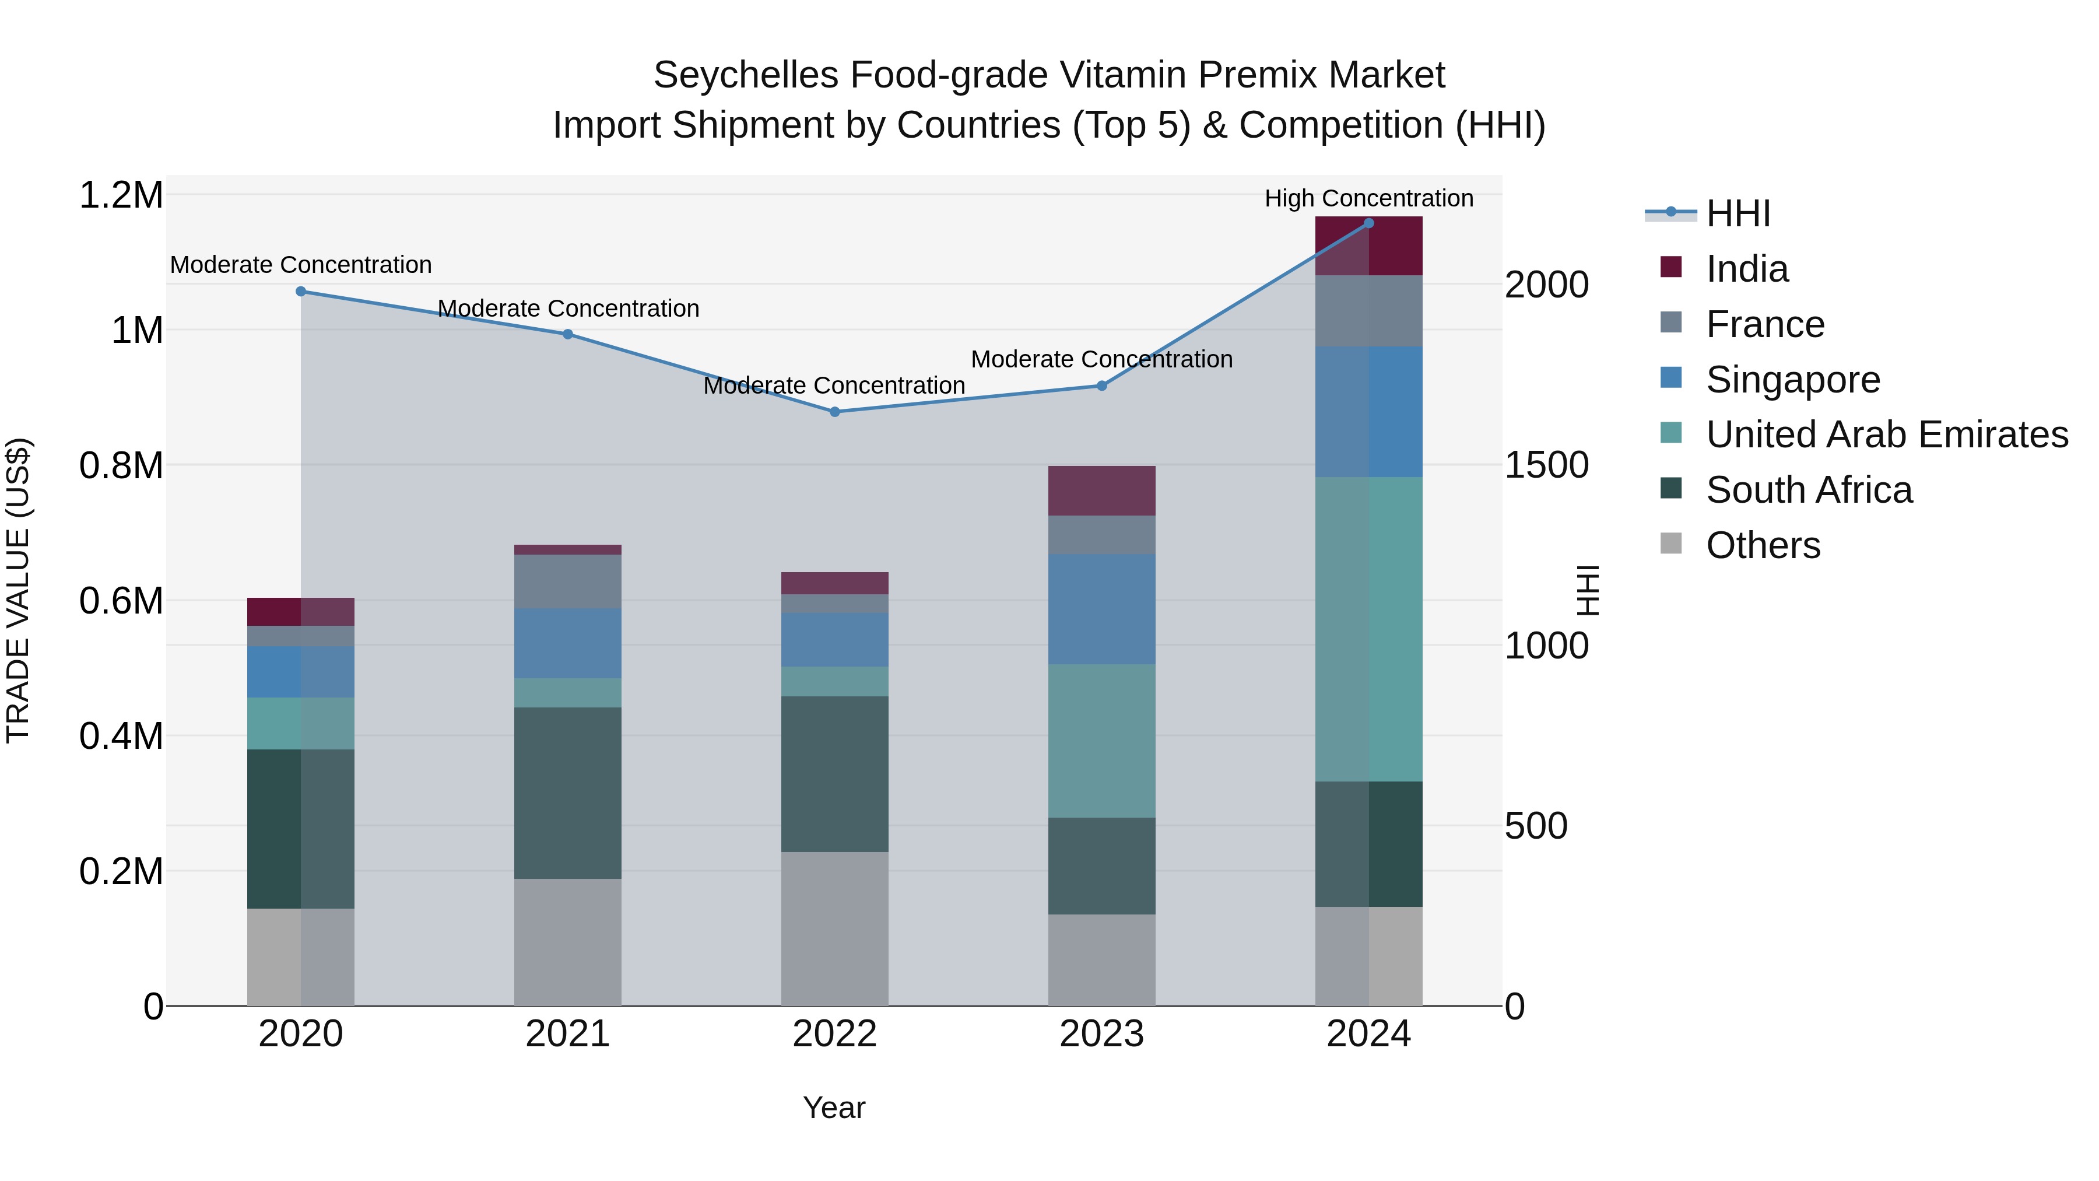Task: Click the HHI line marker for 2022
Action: tap(834, 412)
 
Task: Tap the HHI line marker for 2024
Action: tap(1369, 223)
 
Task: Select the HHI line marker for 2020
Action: tap(301, 291)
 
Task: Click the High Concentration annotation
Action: tap(1369, 198)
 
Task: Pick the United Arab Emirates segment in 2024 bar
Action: tap(1369, 629)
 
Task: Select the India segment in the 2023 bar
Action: tap(1101, 490)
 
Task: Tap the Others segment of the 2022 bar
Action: tap(834, 928)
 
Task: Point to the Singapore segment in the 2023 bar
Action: tap(1101, 609)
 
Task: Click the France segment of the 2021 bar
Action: tap(567, 581)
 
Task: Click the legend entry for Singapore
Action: tap(1793, 380)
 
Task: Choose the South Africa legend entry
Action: tap(1808, 490)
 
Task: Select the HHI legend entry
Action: tap(1738, 213)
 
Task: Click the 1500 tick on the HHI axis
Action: tap(1546, 465)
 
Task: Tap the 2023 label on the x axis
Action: tap(1101, 1034)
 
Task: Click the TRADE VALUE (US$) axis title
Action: tap(18, 590)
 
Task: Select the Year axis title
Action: tap(834, 1108)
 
